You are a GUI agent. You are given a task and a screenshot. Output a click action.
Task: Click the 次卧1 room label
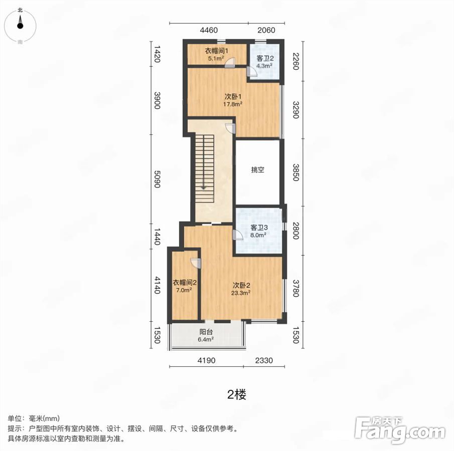pos(233,96)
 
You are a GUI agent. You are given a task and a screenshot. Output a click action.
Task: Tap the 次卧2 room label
pos(241,286)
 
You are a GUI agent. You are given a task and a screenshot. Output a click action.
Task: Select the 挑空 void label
pos(257,169)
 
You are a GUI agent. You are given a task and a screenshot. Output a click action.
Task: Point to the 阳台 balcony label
pos(206,332)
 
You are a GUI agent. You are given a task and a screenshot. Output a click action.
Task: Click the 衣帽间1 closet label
pos(217,51)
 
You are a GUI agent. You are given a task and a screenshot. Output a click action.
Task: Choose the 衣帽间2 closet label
pos(185,282)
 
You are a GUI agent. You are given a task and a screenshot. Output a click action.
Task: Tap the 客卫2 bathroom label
pos(265,58)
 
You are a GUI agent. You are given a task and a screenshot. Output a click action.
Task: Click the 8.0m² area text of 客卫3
pos(258,235)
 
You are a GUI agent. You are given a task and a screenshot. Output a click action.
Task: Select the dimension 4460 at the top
pos(209,30)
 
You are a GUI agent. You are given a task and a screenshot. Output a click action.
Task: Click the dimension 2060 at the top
pos(266,30)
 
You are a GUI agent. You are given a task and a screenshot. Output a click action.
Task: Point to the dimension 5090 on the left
pos(157,179)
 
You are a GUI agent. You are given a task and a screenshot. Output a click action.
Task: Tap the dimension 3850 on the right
pos(295,172)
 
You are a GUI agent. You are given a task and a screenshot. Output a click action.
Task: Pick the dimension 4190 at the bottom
pos(207,360)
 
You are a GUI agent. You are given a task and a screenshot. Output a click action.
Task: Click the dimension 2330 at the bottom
pos(264,360)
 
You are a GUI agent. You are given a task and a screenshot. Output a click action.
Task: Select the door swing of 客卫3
pos(237,235)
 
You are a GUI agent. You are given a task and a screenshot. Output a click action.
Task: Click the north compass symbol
pos(20,25)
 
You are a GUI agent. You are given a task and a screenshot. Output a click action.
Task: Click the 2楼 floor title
pos(237,394)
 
